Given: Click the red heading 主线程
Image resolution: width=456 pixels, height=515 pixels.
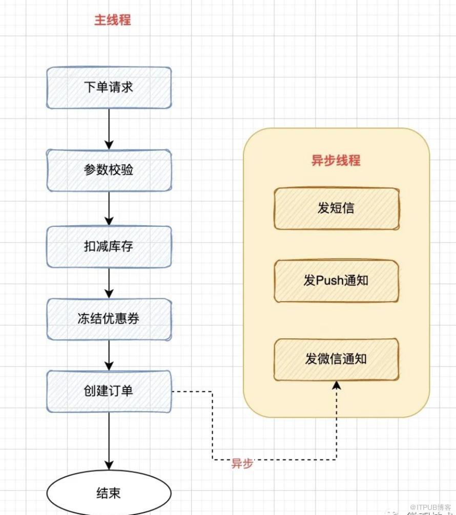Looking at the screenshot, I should coord(112,20).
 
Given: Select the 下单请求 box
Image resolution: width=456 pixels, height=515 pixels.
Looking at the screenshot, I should coord(109,87).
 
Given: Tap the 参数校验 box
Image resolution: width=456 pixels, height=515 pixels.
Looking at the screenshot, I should coord(109,170).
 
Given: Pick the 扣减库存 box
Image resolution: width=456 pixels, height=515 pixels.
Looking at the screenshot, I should coord(109,246).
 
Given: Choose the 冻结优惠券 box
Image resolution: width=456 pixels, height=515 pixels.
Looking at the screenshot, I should coord(109,319).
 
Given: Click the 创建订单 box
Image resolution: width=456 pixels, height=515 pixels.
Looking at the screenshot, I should coord(109,391).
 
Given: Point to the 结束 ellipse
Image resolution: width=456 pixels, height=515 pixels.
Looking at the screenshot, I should coord(109,493).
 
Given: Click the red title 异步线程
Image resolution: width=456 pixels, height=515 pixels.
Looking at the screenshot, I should coord(336,160).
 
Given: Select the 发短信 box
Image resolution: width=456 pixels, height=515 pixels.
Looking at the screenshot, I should coord(336,208).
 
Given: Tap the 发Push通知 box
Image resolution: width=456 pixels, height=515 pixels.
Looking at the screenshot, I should coord(336,281).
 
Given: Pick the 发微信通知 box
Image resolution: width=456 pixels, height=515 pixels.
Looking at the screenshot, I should coord(336,359).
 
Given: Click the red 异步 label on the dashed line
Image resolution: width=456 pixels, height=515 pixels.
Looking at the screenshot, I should coord(242,464).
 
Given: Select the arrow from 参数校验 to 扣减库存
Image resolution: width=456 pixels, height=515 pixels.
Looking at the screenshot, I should coord(109,208).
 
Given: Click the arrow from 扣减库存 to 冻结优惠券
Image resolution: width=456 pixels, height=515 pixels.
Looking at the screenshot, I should coord(109,283).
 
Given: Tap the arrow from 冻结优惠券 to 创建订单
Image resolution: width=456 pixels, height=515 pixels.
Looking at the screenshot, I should coord(109,355).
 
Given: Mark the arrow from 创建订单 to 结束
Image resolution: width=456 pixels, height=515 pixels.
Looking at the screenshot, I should coord(109,440).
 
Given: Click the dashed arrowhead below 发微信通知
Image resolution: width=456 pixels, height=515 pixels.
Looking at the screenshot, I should coord(336,385).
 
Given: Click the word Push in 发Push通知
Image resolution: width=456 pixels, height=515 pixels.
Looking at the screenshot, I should coord(330,281).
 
